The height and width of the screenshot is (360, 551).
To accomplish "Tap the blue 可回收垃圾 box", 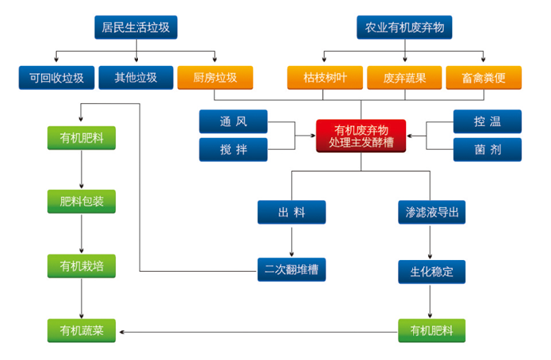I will click(55, 76).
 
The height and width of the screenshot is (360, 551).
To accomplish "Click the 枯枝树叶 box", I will click(321, 76).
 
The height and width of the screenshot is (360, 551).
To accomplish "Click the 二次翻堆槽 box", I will click(291, 270).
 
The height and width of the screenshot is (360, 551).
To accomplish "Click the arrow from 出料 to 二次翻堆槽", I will click(291, 241).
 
